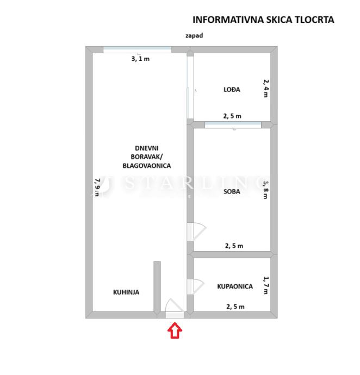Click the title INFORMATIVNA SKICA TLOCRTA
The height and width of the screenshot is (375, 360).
(263, 20)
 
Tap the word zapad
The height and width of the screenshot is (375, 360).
(194, 35)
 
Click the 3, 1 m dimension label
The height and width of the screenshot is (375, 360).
(140, 59)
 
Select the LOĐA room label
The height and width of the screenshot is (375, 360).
(232, 90)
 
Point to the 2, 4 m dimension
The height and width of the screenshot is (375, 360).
(265, 88)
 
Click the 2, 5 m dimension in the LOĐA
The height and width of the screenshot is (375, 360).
(232, 116)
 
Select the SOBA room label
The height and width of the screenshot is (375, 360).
(232, 191)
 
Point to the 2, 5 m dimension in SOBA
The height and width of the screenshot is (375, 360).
(234, 246)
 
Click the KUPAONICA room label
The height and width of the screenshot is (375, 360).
(235, 286)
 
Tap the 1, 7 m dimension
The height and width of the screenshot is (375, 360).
(265, 284)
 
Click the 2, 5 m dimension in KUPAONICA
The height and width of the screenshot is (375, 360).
(235, 307)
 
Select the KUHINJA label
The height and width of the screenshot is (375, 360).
(126, 292)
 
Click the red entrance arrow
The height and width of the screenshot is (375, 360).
(175, 330)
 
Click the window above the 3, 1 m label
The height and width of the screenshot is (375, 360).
(137, 49)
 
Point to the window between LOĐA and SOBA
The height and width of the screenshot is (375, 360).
(233, 125)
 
